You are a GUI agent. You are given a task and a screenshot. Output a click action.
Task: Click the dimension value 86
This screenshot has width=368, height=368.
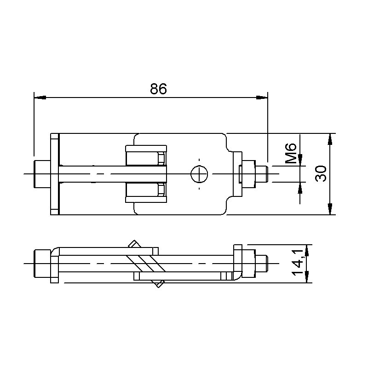[x=158, y=89]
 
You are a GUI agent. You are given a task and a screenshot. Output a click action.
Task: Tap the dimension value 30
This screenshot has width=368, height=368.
[x=321, y=173]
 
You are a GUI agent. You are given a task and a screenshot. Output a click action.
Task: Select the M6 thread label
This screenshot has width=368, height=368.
[x=291, y=153]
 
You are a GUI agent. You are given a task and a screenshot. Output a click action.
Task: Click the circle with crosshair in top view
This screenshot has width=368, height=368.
[x=199, y=174]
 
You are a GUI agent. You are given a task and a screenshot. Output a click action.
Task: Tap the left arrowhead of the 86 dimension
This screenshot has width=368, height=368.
[x=40, y=98]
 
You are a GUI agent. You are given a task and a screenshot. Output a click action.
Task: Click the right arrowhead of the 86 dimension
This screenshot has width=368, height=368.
[x=262, y=98]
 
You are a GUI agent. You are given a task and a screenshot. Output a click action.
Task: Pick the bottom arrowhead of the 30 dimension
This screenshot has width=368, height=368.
[x=330, y=209]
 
